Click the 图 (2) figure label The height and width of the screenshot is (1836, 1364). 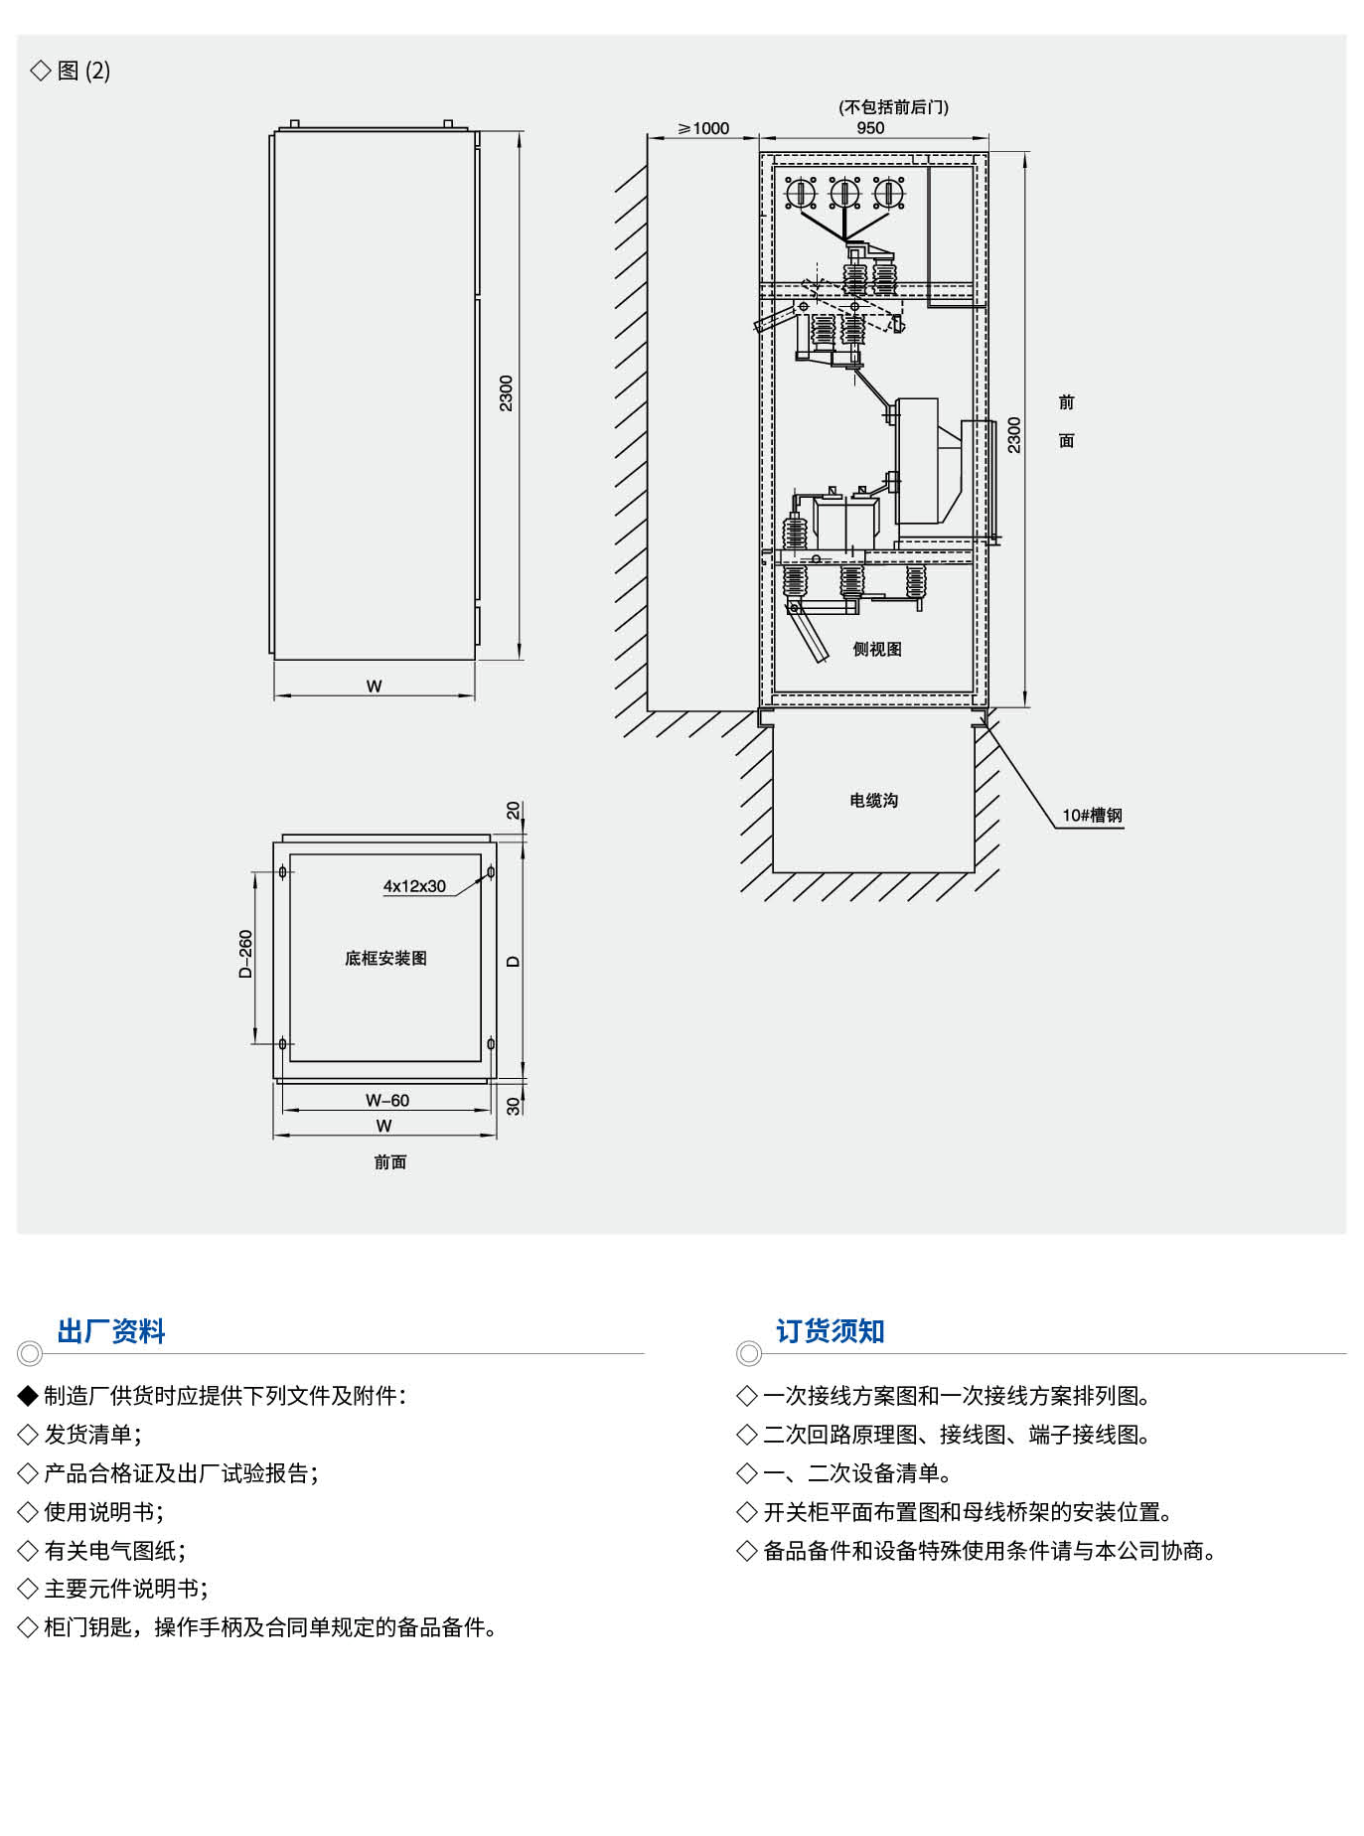[83, 71]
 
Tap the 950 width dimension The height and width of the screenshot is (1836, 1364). [870, 127]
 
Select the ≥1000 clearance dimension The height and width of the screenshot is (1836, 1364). [703, 128]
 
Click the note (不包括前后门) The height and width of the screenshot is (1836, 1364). [893, 107]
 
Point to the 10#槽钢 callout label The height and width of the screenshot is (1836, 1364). [1092, 816]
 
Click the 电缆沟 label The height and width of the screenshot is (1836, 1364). [873, 800]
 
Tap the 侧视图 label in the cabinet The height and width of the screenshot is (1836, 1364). [877, 649]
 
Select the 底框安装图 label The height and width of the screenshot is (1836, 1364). [385, 958]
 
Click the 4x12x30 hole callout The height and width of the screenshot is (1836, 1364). [414, 886]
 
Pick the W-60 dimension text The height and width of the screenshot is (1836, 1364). [386, 1100]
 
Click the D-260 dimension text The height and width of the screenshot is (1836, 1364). [245, 954]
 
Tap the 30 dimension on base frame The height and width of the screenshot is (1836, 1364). [513, 1106]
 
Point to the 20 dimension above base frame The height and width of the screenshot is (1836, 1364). [513, 811]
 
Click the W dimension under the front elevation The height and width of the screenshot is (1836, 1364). [374, 686]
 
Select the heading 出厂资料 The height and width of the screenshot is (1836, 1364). [111, 1331]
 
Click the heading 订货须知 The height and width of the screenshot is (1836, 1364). [830, 1331]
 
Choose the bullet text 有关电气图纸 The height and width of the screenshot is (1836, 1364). [114, 1550]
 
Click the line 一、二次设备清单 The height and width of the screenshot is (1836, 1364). [856, 1472]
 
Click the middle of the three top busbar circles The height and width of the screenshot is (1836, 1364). [843, 192]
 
